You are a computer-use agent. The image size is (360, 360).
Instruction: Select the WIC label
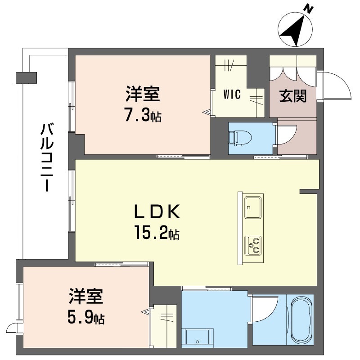232,95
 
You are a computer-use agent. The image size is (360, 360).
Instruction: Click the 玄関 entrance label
293,96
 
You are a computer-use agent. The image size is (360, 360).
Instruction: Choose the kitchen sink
254,206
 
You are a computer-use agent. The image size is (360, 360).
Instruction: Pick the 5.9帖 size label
86,318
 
